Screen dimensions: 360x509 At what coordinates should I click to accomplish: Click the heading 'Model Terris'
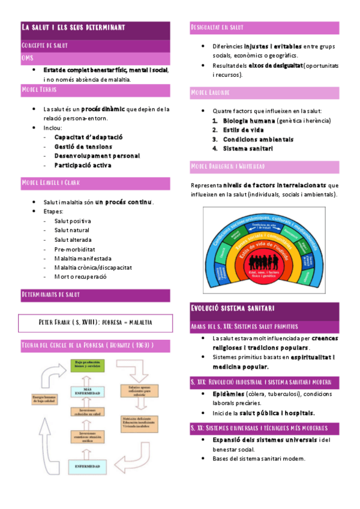coord(40,89)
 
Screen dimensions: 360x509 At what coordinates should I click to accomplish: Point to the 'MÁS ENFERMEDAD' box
coord(88,391)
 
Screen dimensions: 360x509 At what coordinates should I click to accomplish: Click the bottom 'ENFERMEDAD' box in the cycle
coord(88,465)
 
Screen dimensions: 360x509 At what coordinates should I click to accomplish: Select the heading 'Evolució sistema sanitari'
coord(232,309)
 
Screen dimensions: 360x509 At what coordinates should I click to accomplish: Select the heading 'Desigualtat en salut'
coord(217,28)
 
